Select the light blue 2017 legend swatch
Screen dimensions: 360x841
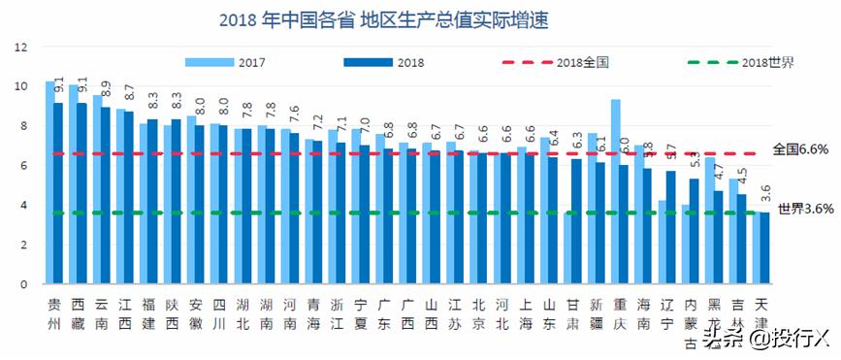[x=209, y=62]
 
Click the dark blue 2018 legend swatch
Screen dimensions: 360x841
[x=368, y=62]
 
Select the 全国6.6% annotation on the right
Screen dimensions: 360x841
[x=802, y=149]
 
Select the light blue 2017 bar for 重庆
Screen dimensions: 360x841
[x=615, y=192]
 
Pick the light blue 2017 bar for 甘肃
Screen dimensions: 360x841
[x=568, y=248]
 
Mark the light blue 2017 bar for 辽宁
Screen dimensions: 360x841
[x=663, y=243]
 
